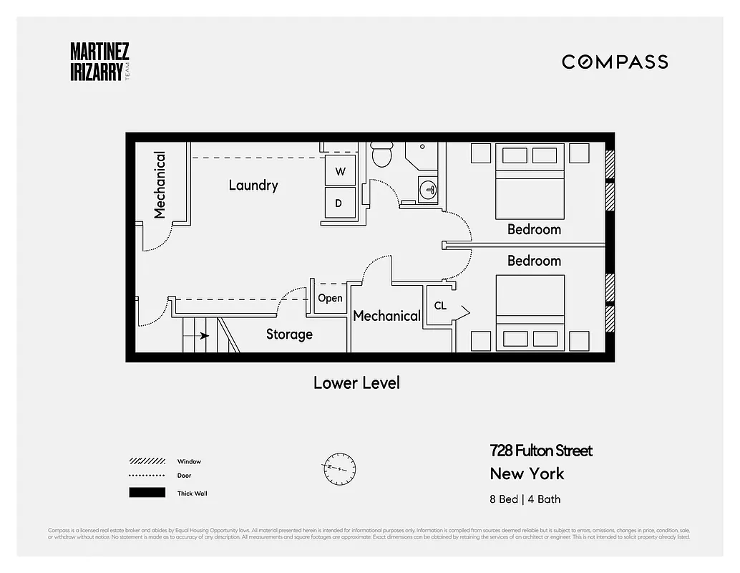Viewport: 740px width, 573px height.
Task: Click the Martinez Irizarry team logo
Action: [99, 62]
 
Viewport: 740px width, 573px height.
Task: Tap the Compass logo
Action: [615, 62]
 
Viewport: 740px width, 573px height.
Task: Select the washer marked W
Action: [340, 172]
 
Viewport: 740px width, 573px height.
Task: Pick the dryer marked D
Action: [339, 203]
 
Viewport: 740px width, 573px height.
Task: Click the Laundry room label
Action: [253, 186]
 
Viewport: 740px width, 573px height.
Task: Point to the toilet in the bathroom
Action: [382, 155]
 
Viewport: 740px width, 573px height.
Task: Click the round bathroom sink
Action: [428, 190]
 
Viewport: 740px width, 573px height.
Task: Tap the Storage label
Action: [289, 334]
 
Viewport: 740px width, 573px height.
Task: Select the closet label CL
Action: [440, 306]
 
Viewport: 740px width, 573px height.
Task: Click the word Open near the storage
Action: [330, 298]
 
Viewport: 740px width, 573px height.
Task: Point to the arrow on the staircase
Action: [204, 335]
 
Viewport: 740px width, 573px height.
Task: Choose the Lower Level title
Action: [356, 383]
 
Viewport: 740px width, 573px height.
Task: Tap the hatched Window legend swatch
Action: [147, 461]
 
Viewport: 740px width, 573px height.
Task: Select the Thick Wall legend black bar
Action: [147, 493]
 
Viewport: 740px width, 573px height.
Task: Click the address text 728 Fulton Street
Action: [541, 451]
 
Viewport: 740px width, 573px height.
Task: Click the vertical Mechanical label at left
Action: [160, 184]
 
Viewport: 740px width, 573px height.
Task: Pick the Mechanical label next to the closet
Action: [386, 316]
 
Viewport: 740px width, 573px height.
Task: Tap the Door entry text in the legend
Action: [184, 476]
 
